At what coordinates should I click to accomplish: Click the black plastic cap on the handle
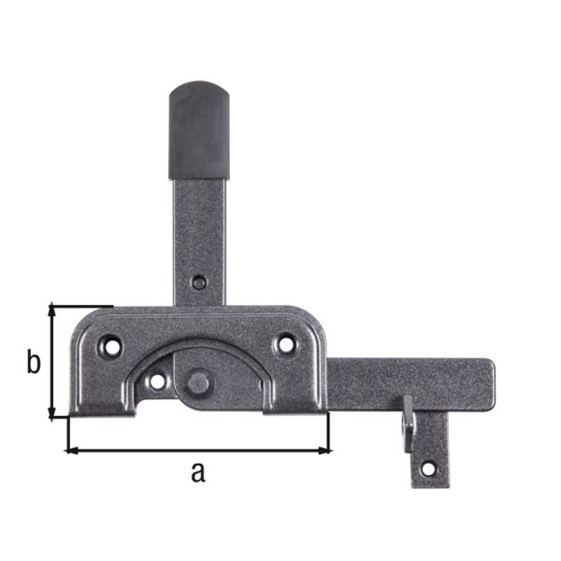pos(198,131)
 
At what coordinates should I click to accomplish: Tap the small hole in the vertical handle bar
pos(198,281)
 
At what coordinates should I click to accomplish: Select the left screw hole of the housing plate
pos(112,345)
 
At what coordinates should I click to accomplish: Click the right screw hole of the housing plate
pos(284,344)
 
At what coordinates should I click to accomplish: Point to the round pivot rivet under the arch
pos(198,381)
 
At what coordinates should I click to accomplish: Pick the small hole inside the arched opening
pos(157,381)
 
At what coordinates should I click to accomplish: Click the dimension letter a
pos(196,472)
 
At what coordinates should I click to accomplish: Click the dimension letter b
pos(34,363)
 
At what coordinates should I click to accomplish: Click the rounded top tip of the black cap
pos(198,86)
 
